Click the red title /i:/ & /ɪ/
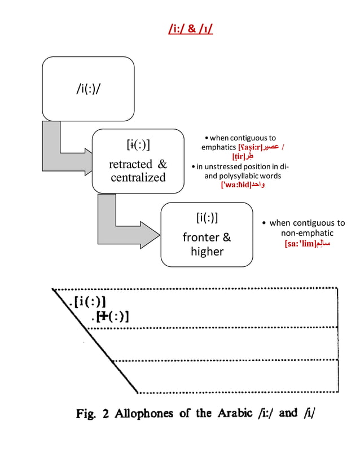point(191,28)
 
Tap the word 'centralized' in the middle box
point(138,178)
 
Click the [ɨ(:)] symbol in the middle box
point(138,146)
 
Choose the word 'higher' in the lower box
point(207,252)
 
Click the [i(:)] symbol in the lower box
point(207,218)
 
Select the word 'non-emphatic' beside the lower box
point(307,233)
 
